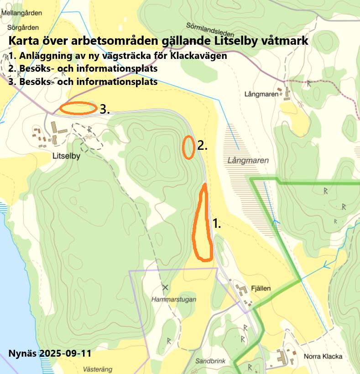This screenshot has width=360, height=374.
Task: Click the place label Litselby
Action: (x=66, y=156)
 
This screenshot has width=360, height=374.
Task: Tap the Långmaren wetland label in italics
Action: (x=248, y=161)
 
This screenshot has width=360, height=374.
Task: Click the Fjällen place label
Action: (x=261, y=288)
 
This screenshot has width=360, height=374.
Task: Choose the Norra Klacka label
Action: (x=323, y=357)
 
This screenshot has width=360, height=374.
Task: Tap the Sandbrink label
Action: (x=210, y=361)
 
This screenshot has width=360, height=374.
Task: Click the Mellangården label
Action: (x=21, y=13)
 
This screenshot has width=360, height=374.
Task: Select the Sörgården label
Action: (x=20, y=27)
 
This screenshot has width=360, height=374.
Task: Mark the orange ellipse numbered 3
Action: (x=78, y=108)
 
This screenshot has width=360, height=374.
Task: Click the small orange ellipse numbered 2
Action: (x=188, y=147)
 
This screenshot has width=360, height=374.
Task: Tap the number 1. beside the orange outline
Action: (x=217, y=223)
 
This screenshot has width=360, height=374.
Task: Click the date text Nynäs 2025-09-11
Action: (x=50, y=354)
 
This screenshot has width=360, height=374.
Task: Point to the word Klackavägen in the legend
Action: (x=198, y=57)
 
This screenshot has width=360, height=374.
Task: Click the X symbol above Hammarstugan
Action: (x=165, y=287)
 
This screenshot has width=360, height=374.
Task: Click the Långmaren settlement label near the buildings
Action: (x=261, y=95)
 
